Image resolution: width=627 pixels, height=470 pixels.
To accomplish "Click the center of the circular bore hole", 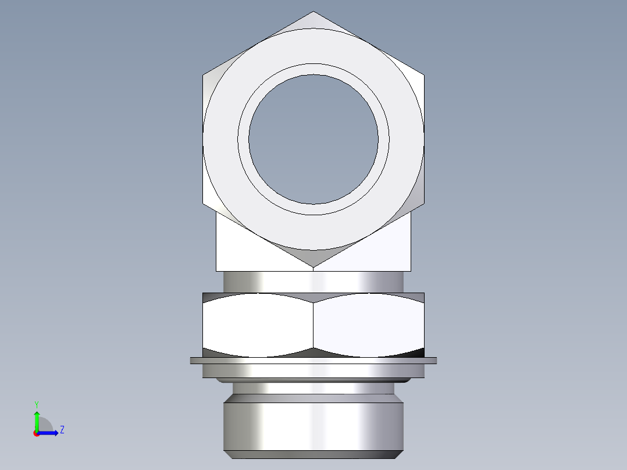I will [x=313, y=139].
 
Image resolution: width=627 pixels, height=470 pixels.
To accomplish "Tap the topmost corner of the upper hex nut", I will [x=313, y=12].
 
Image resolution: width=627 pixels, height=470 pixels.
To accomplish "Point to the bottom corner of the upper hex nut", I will [x=313, y=267].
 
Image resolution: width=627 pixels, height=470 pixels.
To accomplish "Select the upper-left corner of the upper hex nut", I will [x=204, y=74].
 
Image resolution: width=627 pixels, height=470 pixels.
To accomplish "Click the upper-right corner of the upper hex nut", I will [x=423, y=74].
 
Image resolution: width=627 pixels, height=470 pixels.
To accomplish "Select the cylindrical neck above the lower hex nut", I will [x=313, y=282].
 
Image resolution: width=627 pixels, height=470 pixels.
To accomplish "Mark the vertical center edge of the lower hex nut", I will [x=313, y=326].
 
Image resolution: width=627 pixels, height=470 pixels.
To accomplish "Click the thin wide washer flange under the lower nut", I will [x=313, y=361].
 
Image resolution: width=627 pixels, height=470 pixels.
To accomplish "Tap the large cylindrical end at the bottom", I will [x=313, y=425].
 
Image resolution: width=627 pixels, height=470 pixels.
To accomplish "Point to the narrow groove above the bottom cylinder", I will [x=313, y=388].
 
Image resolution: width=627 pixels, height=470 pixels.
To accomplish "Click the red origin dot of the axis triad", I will [x=37, y=433].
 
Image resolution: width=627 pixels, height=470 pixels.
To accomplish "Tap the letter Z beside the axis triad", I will [x=62, y=430].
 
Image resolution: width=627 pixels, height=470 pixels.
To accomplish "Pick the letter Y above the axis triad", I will [x=37, y=404].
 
